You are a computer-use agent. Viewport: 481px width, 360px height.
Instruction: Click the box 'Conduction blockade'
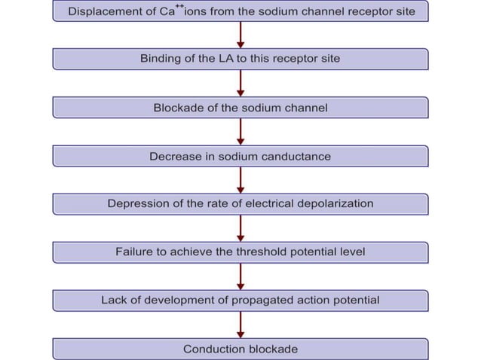[x=240, y=349]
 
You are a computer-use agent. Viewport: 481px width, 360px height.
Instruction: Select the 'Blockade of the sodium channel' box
[x=240, y=108]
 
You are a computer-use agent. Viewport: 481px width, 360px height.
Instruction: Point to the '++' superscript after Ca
[x=179, y=6]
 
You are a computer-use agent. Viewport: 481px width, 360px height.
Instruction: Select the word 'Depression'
[x=136, y=204]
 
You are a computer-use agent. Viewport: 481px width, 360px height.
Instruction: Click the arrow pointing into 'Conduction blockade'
[x=240, y=325]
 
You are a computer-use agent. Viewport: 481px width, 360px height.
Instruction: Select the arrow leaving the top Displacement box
[x=240, y=35]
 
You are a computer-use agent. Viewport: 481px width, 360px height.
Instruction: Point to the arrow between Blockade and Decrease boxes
[x=240, y=132]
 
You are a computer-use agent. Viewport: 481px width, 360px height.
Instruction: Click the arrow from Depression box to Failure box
[x=240, y=228]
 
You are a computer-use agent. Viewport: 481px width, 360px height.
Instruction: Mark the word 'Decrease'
[x=173, y=156]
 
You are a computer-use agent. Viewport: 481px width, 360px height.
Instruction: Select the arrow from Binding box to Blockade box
[x=240, y=84]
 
